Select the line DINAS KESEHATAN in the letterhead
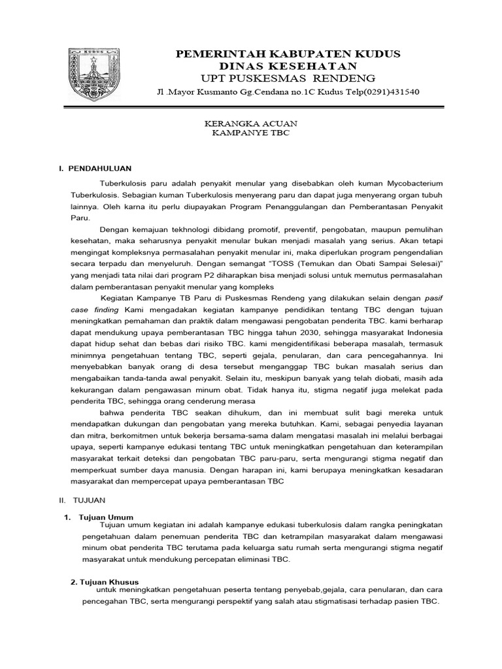(x=288, y=66)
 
